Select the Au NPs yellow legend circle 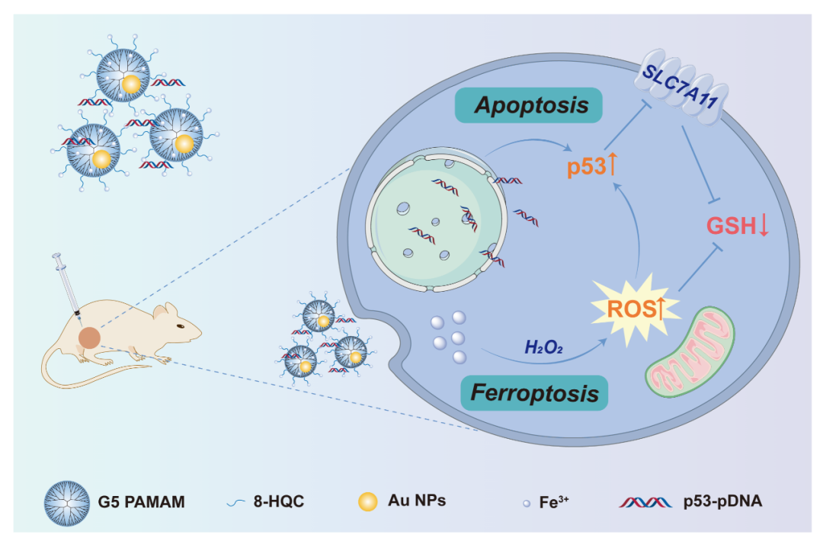coord(369,501)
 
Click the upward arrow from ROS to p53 coord(632,229)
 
